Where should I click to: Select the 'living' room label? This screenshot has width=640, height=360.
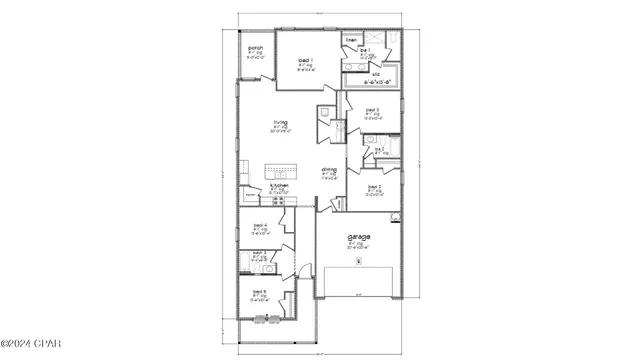coord(281,122)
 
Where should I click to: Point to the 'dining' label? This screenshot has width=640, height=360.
coord(329,169)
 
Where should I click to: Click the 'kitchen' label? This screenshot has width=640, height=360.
coord(281,185)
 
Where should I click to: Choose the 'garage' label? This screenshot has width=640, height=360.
coord(359,236)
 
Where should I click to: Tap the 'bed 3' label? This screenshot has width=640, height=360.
coord(372,110)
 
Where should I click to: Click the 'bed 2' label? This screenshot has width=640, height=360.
coord(374,186)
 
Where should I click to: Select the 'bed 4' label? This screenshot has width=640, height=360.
coord(258,226)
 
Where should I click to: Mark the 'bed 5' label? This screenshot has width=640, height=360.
coord(259,293)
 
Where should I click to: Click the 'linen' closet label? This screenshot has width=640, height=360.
coord(350,40)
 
